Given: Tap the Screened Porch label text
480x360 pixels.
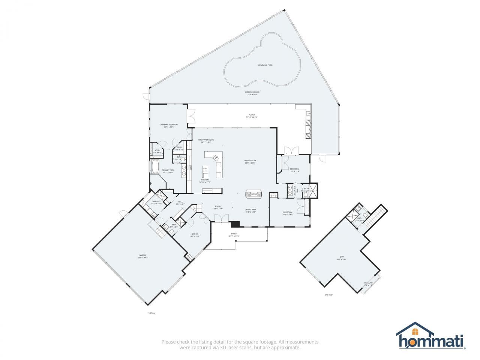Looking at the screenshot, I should click(252, 93).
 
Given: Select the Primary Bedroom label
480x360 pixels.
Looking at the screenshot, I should click(169, 126).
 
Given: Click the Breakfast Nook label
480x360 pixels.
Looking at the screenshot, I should click(206, 141).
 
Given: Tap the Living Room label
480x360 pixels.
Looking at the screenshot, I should click(250, 162).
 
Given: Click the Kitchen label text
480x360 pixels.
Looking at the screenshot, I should click(205, 181).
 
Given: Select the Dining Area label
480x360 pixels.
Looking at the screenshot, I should click(250, 210).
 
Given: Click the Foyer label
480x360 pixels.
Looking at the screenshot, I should click(217, 207).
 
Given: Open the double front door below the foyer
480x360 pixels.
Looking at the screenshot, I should click(221, 217).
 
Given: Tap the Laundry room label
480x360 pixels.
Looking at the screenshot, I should click(156, 202).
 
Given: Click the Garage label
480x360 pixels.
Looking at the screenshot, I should click(142, 256).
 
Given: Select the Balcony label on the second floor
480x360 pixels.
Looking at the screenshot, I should click(368, 283).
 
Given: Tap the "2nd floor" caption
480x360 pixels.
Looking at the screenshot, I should click(328, 295).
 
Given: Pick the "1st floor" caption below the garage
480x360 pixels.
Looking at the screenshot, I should click(151, 313).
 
